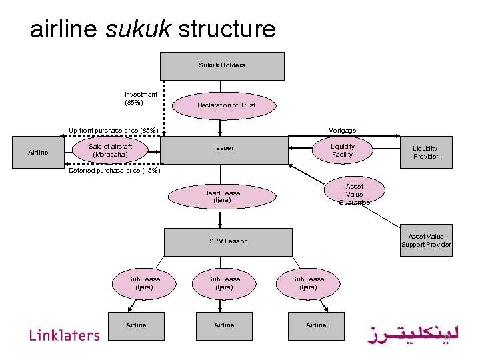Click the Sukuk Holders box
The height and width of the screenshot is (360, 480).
click(x=222, y=66)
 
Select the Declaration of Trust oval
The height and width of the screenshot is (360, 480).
click(x=226, y=105)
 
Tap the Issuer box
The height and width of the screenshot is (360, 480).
click(x=224, y=148)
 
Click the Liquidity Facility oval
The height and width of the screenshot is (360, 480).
click(x=343, y=151)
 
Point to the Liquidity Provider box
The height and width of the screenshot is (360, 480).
click(x=425, y=153)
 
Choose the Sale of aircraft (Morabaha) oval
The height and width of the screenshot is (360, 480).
click(x=111, y=151)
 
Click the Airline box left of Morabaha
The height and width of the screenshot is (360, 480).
click(x=38, y=153)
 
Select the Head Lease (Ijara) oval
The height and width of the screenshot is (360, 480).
click(x=222, y=196)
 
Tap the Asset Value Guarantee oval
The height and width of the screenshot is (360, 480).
click(x=354, y=194)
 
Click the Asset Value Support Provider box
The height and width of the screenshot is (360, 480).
click(x=426, y=241)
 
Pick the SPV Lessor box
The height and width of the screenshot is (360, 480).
click(x=228, y=241)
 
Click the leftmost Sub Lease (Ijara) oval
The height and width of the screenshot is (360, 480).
click(x=144, y=283)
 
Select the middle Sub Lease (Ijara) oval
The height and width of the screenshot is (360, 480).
click(x=224, y=283)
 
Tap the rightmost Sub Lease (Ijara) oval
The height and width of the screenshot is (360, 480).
click(x=308, y=283)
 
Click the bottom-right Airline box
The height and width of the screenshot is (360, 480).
click(x=316, y=325)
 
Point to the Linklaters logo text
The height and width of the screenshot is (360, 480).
click(x=64, y=335)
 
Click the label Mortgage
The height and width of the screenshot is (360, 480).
click(x=341, y=131)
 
